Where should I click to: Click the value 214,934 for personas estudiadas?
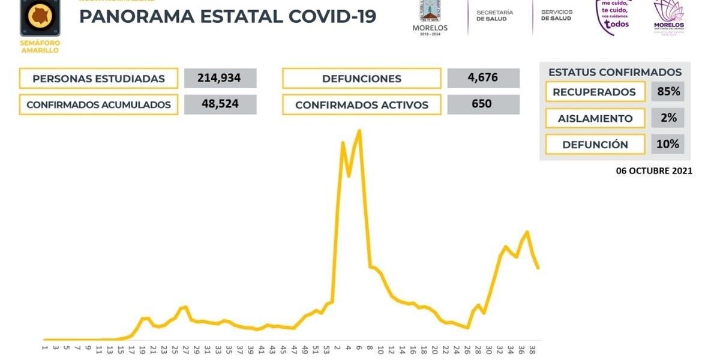coord(220,78)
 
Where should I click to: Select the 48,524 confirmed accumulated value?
coord(220,104)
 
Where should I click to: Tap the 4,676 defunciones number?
coord(483,78)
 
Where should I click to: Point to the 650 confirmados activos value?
coord(483,104)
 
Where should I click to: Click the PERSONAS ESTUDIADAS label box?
coord(98,79)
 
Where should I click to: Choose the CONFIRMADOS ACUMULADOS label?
coord(98,104)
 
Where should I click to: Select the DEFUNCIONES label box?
coord(361,79)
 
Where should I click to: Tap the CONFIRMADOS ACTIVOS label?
coord(361,104)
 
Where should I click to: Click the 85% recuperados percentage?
coord(667,92)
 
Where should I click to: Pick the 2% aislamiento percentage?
coord(667,118)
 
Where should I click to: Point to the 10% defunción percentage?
coord(667,144)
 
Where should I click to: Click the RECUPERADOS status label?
coord(594,92)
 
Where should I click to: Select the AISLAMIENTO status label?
coord(595,118)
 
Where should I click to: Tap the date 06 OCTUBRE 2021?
coord(653,171)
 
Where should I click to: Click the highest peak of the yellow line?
coord(359,130)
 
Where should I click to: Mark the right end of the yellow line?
coord(538,268)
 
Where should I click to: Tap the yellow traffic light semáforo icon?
coord(40,18)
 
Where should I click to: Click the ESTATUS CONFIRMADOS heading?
coord(614,72)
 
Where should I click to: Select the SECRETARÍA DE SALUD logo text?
coord(494,16)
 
